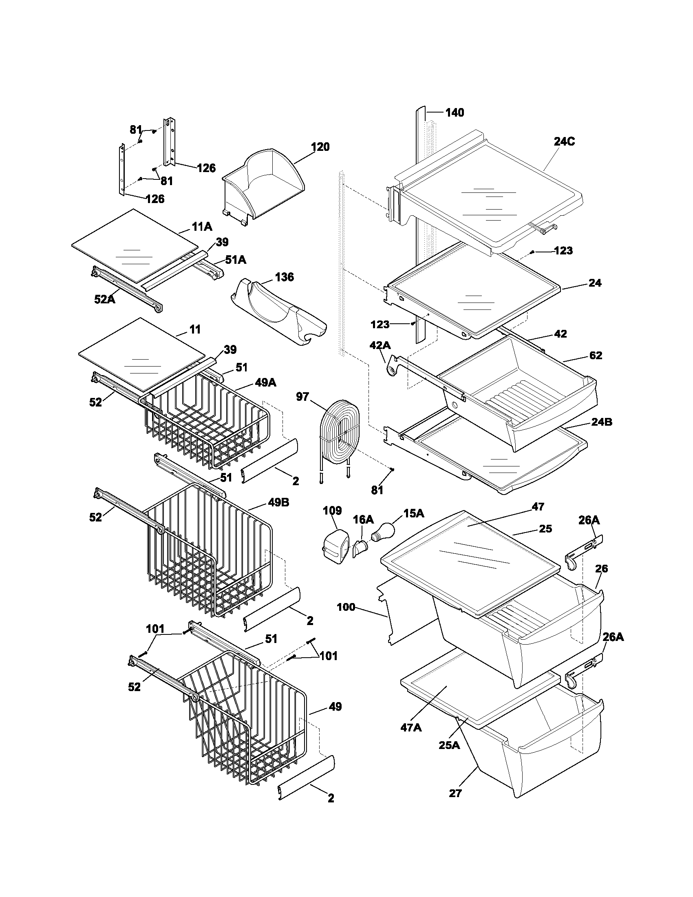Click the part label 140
(x=455, y=113)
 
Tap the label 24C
(x=564, y=141)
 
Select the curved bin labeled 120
(x=263, y=185)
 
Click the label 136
(x=284, y=277)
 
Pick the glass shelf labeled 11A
(x=135, y=246)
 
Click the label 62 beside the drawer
(x=595, y=355)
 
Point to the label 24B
(x=601, y=422)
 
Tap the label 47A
(x=411, y=727)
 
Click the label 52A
(x=105, y=299)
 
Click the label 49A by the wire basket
(x=265, y=382)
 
